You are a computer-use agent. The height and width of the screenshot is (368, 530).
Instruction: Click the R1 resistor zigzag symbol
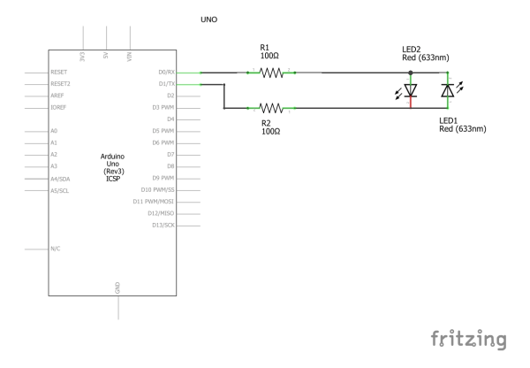pos(271,73)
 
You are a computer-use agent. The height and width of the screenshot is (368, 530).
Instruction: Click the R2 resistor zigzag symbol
pos(271,108)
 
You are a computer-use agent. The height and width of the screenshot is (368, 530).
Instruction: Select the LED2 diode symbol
pos(411,90)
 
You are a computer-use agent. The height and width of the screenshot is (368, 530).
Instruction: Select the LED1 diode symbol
pos(447,90)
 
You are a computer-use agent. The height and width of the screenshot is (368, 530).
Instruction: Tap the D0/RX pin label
pos(166,73)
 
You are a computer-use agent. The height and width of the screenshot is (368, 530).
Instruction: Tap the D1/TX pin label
pos(166,84)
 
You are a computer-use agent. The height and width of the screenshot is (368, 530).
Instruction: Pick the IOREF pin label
pos(59,108)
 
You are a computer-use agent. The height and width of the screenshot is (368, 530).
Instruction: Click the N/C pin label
pos(56,249)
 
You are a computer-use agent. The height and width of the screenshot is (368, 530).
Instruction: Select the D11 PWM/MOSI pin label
pos(155,202)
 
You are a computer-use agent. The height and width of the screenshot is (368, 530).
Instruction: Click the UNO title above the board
pos(210,18)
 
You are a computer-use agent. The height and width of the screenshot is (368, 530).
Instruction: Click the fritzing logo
pos(468,340)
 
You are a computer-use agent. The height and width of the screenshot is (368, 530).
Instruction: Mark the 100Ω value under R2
pos(270,131)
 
